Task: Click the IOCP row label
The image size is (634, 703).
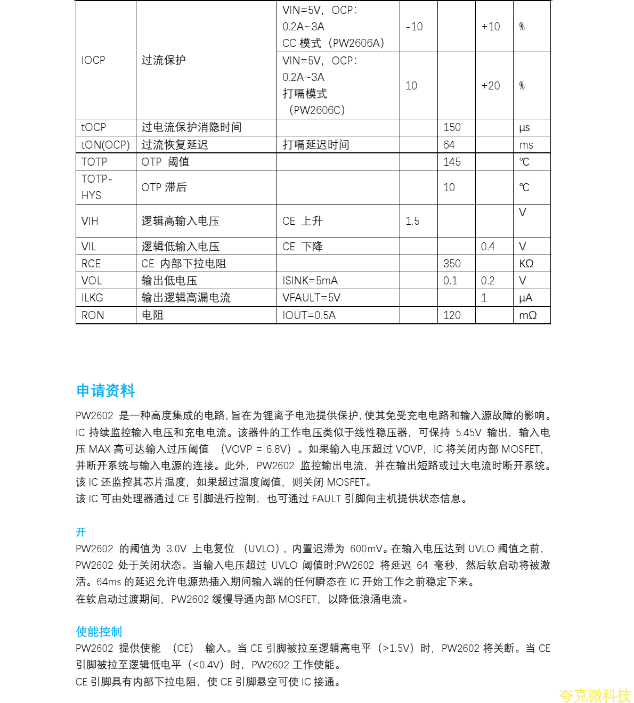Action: coord(93,60)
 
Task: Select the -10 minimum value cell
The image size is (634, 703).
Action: coord(414,27)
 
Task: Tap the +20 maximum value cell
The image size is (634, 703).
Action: coord(490,86)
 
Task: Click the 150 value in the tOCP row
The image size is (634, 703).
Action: coord(452,127)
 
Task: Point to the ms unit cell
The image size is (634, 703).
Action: coord(526,145)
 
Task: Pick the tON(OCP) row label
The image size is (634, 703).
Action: coord(105,145)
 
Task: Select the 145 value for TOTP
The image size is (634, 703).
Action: coord(452,162)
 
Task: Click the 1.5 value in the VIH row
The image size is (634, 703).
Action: coord(412,221)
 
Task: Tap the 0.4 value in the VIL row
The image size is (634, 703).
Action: coord(487,247)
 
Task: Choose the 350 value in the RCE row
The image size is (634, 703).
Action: coord(452,264)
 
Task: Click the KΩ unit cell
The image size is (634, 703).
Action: coord(526,264)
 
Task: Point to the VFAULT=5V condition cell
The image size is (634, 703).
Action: coord(311,298)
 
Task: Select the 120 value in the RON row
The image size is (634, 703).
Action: coord(452,315)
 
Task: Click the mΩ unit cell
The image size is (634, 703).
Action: coord(527,315)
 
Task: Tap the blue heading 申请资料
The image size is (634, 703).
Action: coord(105,390)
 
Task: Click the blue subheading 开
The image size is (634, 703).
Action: coord(80,532)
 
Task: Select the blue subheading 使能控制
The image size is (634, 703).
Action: coord(99,632)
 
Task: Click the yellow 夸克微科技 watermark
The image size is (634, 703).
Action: coord(595,696)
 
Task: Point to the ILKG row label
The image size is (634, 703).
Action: coord(92,298)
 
